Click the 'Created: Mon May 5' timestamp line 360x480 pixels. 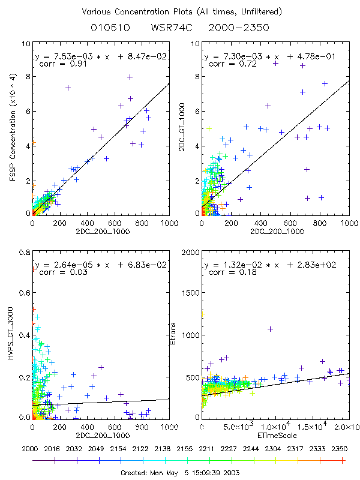(x=181, y=472)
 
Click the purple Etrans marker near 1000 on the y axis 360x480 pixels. (x=270, y=329)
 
